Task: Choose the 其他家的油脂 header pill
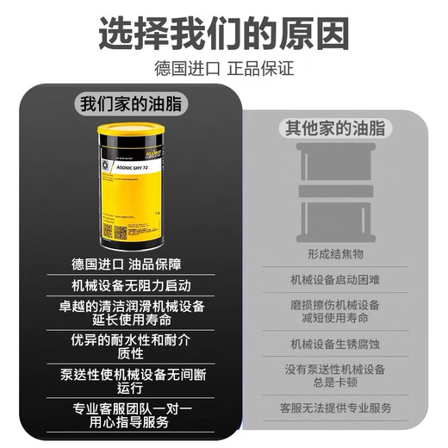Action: click(x=335, y=129)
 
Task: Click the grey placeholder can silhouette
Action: click(x=334, y=191)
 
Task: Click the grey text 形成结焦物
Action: click(x=335, y=255)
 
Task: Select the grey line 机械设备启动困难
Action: click(x=335, y=280)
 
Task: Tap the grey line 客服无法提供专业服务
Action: click(x=335, y=407)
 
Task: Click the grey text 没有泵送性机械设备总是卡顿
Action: click(x=335, y=375)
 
